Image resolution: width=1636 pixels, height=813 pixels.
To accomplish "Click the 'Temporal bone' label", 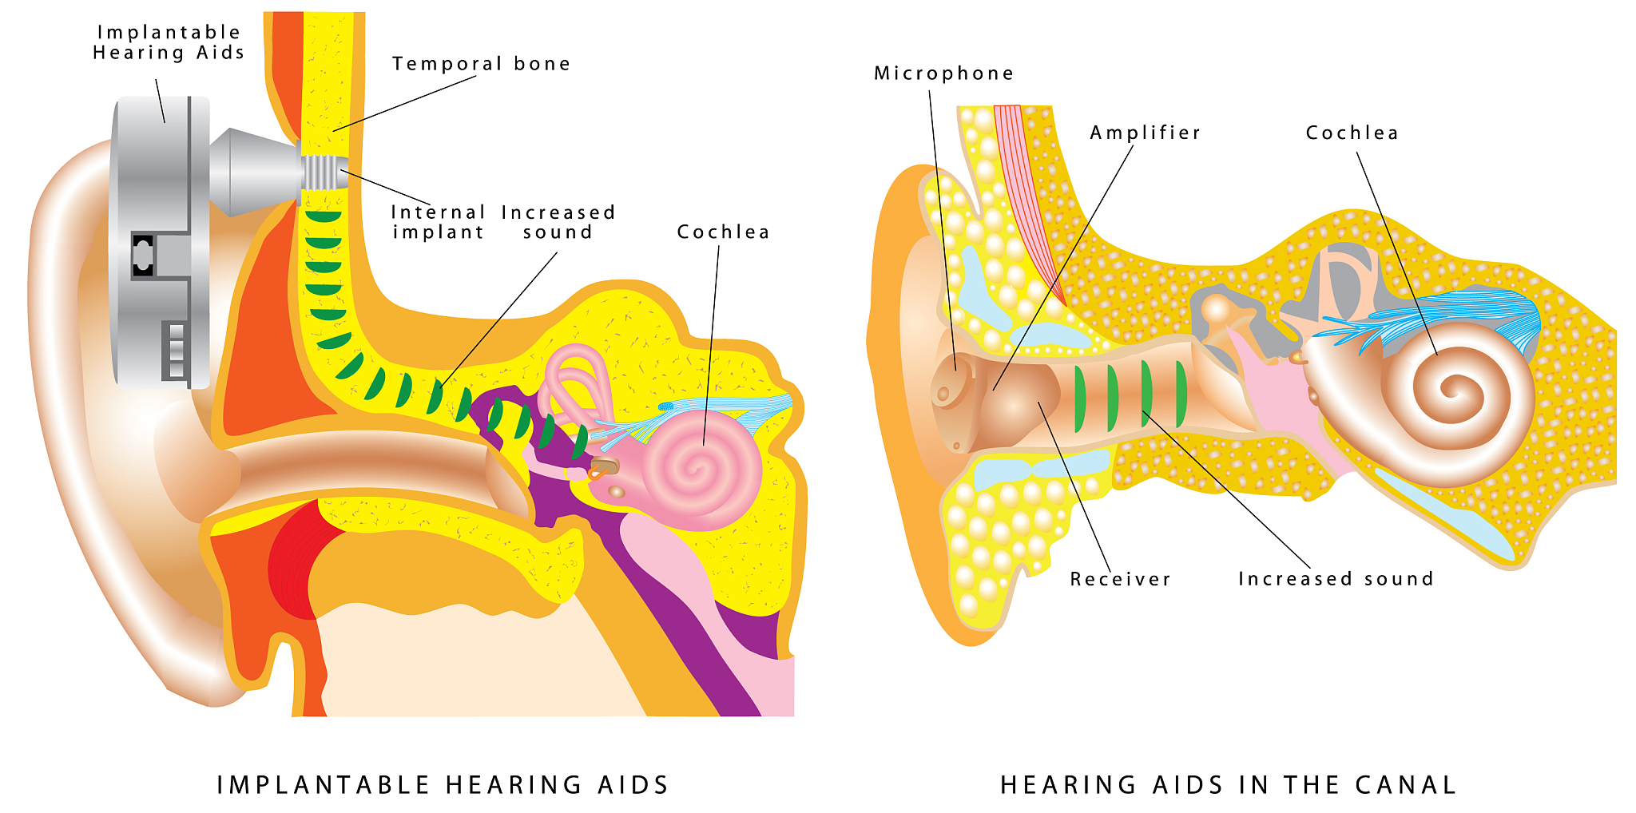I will pyautogui.click(x=481, y=64).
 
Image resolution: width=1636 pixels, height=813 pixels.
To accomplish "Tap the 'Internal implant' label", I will pyautogui.click(x=438, y=222).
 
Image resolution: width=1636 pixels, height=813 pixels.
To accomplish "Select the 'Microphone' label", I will pyautogui.click(x=943, y=73).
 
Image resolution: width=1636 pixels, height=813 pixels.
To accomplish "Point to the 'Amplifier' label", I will pyautogui.click(x=1145, y=133).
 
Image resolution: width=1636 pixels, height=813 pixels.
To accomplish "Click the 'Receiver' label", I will pyautogui.click(x=1120, y=579).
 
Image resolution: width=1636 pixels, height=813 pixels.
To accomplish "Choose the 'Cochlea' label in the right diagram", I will pyautogui.click(x=1352, y=133).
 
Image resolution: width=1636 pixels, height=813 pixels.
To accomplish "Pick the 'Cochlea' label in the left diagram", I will pyautogui.click(x=723, y=232).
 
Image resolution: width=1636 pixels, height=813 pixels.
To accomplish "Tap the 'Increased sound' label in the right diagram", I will pyautogui.click(x=1336, y=579).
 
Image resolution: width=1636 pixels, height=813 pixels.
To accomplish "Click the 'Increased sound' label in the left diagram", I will pyautogui.click(x=558, y=222).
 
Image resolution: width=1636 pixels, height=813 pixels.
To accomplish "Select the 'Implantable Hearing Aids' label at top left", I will pyautogui.click(x=168, y=42).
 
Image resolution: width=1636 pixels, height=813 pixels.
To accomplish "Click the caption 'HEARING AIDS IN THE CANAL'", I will pyautogui.click(x=1229, y=785).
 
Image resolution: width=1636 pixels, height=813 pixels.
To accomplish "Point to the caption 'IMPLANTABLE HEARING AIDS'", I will pyautogui.click(x=443, y=785).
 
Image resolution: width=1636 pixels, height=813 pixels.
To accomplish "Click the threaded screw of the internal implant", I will pyautogui.click(x=321, y=171).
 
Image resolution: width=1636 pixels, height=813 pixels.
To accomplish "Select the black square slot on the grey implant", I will pyautogui.click(x=143, y=255).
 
